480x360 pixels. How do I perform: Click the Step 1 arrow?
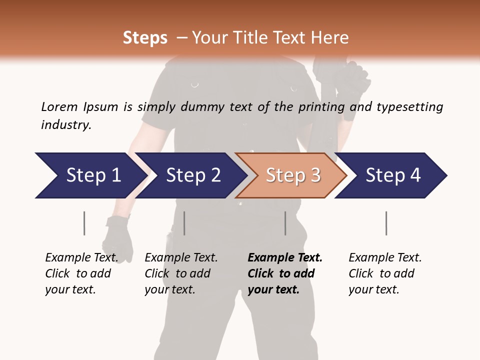point(90,175)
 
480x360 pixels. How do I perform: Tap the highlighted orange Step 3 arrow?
point(292,175)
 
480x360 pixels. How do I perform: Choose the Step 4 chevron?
point(392,175)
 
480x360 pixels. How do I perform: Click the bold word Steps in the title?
point(145,38)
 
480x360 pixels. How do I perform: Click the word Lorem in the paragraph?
point(59,106)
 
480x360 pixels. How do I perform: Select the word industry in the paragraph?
point(65,124)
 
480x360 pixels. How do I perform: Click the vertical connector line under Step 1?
point(84,223)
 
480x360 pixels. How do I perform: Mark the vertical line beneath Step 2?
point(184,223)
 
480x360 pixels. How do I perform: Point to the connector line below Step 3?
point(285,223)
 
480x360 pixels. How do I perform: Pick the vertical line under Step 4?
point(386,223)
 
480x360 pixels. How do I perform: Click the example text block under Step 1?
point(81,273)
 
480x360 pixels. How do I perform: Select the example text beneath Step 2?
point(181,273)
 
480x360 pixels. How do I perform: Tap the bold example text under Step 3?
point(285,273)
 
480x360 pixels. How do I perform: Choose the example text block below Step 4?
point(385,273)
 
